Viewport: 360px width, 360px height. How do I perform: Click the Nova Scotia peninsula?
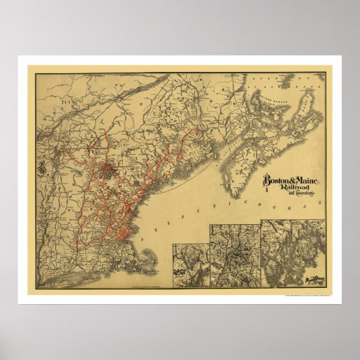(x=246, y=140)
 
